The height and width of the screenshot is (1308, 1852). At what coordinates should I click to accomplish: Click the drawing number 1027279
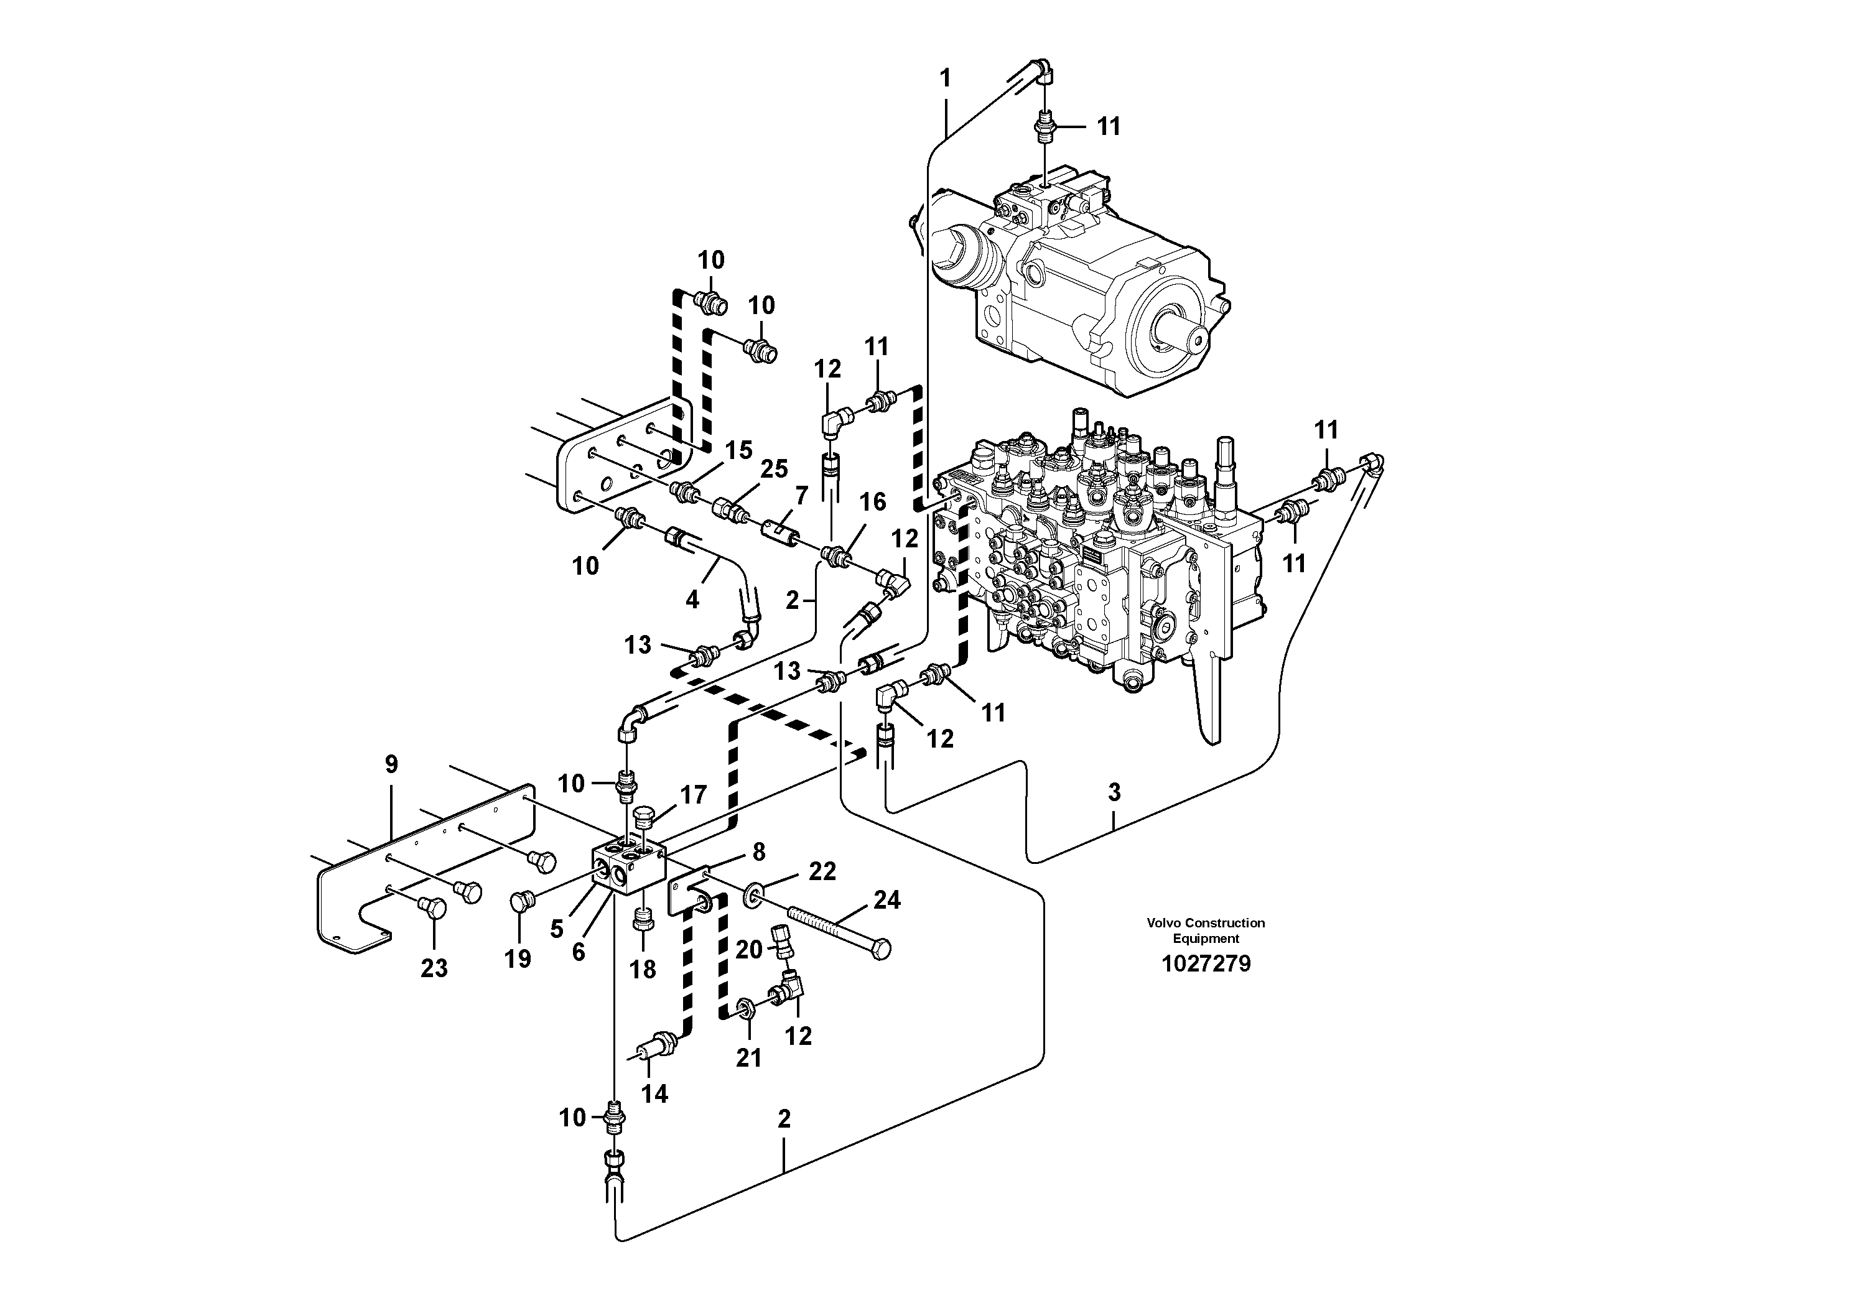coord(1205,963)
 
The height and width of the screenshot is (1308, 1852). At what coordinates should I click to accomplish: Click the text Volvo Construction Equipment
coord(1205,930)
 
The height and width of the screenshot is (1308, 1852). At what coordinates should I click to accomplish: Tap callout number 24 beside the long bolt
coord(886,900)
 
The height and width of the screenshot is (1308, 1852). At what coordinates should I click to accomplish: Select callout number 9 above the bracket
coord(391,764)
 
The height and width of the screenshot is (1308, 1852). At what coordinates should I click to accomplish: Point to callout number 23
coord(434,968)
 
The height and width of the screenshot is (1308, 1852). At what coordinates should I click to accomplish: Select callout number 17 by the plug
coord(693,795)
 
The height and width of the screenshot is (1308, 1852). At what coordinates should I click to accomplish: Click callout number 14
coord(654,1093)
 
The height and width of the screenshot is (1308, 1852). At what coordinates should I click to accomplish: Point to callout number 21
coord(748,1058)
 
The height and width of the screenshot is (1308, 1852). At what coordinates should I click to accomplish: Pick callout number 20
coord(748,950)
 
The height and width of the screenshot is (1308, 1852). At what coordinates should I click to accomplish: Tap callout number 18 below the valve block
coord(643,969)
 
